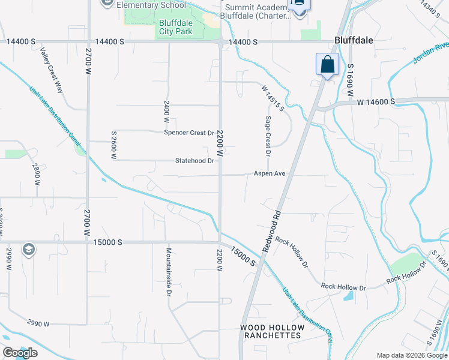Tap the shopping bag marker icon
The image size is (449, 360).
pyautogui.click(x=327, y=64)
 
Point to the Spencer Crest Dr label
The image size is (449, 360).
pyautogui.click(x=189, y=133)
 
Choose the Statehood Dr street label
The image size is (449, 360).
pyautogui.click(x=194, y=161)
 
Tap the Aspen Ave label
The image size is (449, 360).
pyautogui.click(x=268, y=173)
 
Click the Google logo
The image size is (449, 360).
pyautogui.click(x=19, y=353)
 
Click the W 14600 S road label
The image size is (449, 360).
pyautogui.click(x=375, y=102)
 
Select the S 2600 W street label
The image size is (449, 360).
pyautogui.click(x=113, y=145)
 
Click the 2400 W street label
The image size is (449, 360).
pyautogui.click(x=166, y=112)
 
